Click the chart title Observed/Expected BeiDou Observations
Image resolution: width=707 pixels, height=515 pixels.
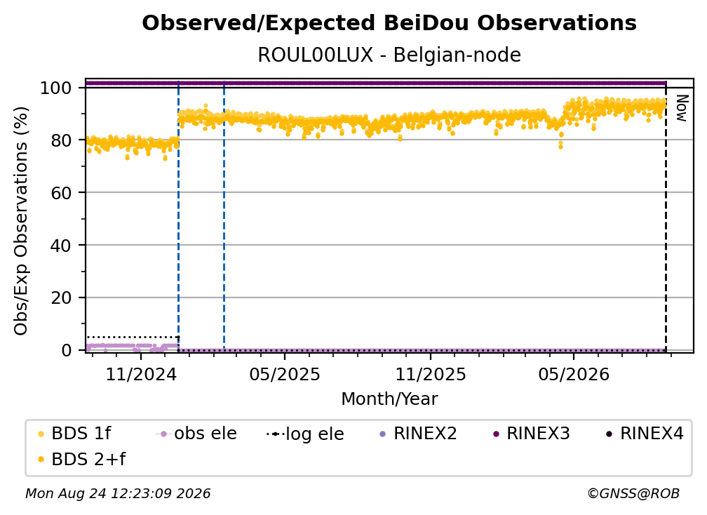pyautogui.click(x=389, y=23)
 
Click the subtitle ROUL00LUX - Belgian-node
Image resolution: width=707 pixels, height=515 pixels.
pyautogui.click(x=389, y=55)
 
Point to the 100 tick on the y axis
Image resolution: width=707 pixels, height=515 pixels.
pyautogui.click(x=55, y=88)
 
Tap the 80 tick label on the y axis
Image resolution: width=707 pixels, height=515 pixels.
pyautogui.click(x=61, y=140)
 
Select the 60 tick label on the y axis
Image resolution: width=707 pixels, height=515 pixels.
pyautogui.click(x=61, y=193)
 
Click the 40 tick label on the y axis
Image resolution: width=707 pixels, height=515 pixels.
pyautogui.click(x=61, y=246)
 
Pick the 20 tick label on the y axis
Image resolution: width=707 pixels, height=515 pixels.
pyautogui.click(x=61, y=298)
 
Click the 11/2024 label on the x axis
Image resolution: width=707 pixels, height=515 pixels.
pyautogui.click(x=141, y=374)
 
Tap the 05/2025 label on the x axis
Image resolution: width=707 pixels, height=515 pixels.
pyautogui.click(x=285, y=374)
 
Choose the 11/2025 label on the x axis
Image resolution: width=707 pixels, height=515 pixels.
pyautogui.click(x=431, y=374)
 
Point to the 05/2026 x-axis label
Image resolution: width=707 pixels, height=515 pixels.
pyautogui.click(x=574, y=374)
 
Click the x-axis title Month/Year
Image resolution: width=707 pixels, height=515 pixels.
pyautogui.click(x=389, y=399)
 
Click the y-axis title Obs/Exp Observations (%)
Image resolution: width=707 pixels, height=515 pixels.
pyautogui.click(x=21, y=221)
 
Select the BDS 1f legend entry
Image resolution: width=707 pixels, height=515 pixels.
pyautogui.click(x=74, y=434)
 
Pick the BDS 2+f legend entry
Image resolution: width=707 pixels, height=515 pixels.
pyautogui.click(x=81, y=459)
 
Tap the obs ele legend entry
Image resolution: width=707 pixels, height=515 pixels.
pyautogui.click(x=196, y=434)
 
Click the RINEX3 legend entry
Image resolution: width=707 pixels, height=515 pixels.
pyautogui.click(x=532, y=434)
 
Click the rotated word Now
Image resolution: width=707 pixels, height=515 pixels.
pyautogui.click(x=682, y=108)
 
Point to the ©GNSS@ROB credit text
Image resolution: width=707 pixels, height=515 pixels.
pyautogui.click(x=633, y=494)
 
